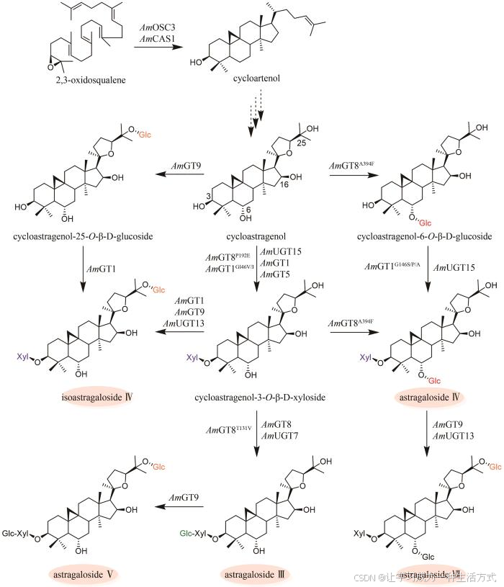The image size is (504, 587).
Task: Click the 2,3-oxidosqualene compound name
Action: click(70, 79)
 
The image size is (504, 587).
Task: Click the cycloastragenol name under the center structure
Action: click(256, 236)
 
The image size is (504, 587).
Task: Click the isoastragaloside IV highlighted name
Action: click(89, 397)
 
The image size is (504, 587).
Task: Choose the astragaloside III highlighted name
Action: click(256, 574)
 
